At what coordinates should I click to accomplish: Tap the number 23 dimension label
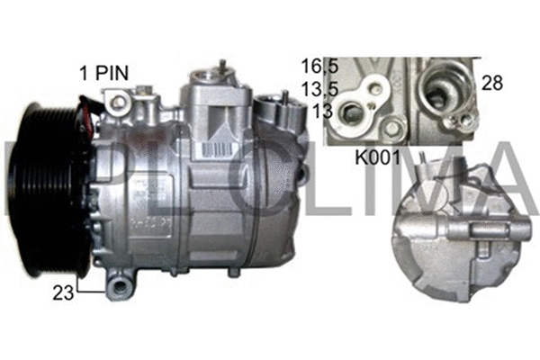coord(64,291)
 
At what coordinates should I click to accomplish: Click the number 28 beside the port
coord(492,83)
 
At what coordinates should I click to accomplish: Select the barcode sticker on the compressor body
coord(216,145)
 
